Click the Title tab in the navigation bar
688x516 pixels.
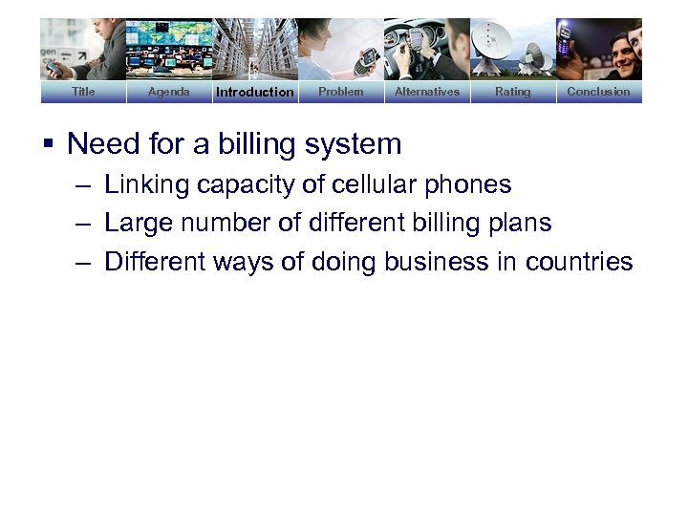point(83,92)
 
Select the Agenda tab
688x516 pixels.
point(169,92)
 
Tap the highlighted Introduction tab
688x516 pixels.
point(255,92)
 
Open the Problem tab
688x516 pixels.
point(340,92)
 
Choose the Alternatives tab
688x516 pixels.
point(427,92)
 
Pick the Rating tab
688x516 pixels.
point(512,92)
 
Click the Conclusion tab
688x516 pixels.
point(598,92)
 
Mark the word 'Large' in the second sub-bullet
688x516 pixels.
point(134,224)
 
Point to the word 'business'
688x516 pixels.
point(440,262)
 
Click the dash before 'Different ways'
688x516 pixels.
point(84,262)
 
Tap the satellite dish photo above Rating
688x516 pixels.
point(512,48)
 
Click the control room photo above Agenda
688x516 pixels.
point(169,48)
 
